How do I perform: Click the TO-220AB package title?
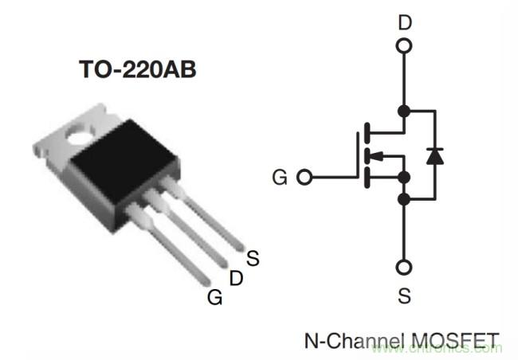coord(137,70)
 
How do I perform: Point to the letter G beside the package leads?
coord(214,298)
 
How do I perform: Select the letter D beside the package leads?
coord(235,278)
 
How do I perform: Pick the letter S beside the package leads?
coord(253,258)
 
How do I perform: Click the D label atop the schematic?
coord(405,22)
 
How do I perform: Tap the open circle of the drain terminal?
coord(405,46)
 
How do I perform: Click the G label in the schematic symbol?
coord(279,177)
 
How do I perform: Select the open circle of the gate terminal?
coord(304,177)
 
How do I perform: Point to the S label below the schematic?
coord(405,296)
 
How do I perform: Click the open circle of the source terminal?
coord(405,268)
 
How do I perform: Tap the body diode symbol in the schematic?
coord(434,155)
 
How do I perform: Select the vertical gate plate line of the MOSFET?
coord(356,155)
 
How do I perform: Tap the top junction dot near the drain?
coord(405,111)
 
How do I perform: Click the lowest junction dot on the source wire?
coord(405,198)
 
